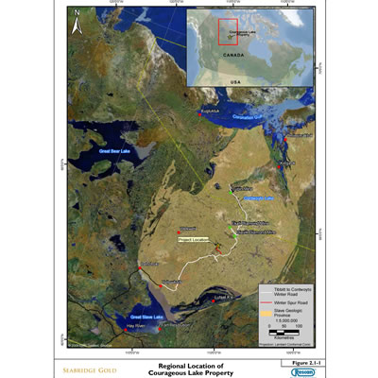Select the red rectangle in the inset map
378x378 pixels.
[x=227, y=30]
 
